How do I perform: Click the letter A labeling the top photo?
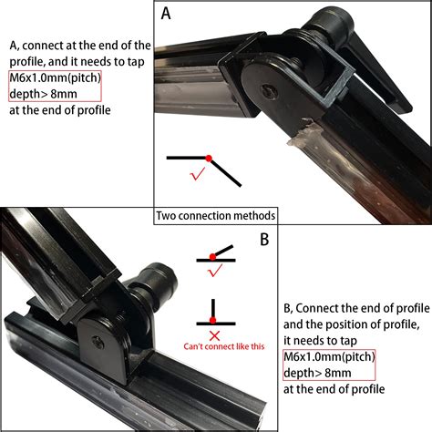(x=166, y=14)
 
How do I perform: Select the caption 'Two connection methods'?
(x=216, y=216)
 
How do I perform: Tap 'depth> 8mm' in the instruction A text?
(x=46, y=95)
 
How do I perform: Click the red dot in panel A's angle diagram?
(x=210, y=158)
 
